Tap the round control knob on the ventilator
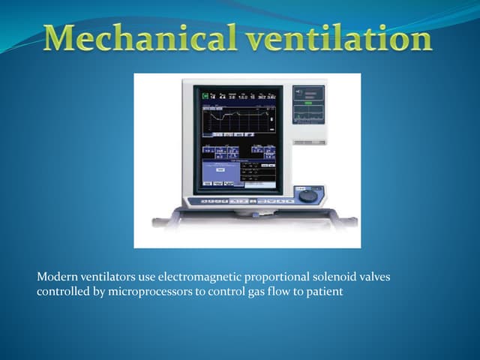[x=307, y=196]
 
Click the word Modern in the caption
[x=57, y=278]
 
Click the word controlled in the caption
[x=62, y=292]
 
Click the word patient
[x=324, y=292]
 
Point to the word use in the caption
[x=146, y=278]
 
